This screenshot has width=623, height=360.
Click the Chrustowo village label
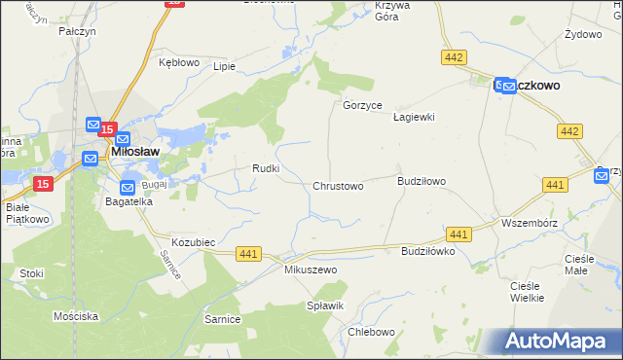click(x=338, y=186)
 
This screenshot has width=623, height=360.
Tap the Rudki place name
click(x=267, y=168)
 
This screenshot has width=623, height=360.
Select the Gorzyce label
click(x=362, y=105)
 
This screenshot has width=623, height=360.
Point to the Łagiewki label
click(x=413, y=117)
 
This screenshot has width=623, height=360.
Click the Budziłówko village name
click(x=428, y=251)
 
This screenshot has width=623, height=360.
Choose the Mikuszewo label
click(x=310, y=270)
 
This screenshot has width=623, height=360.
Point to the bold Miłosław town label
click(x=135, y=152)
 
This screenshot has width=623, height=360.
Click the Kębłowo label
click(x=178, y=62)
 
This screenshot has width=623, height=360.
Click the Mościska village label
click(x=76, y=317)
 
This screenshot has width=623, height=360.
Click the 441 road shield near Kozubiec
click(x=248, y=254)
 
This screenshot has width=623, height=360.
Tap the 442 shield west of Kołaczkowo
click(x=453, y=58)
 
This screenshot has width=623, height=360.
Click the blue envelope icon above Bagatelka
click(x=128, y=187)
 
